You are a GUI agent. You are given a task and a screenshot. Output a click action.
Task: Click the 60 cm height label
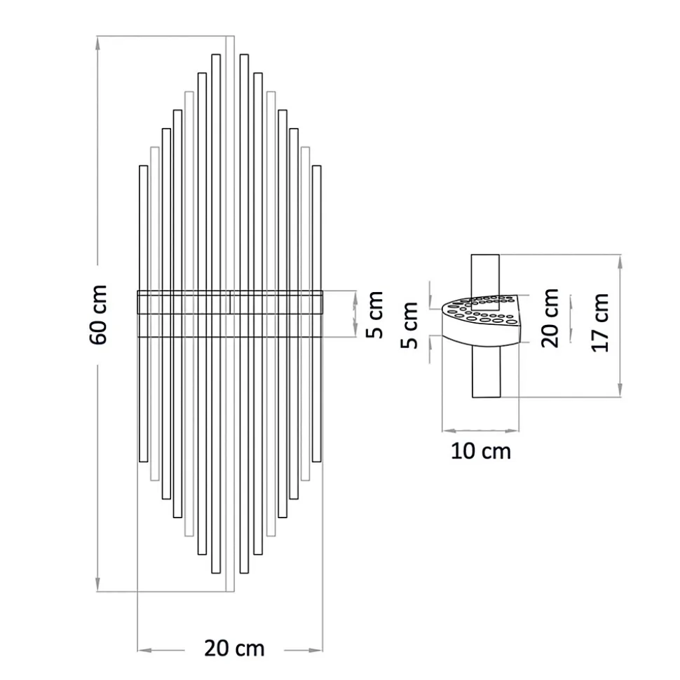pos(99,314)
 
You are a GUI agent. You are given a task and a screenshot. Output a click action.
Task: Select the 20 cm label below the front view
pos(234,648)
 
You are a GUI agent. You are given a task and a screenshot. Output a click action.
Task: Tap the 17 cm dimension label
pos(600,323)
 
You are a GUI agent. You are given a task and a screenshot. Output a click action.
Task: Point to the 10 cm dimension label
pos(481,451)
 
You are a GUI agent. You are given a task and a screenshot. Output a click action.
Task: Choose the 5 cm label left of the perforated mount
pos(412,325)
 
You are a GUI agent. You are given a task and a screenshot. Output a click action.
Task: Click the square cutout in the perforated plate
pos(485,303)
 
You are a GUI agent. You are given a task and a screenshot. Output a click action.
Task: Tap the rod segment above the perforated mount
pos(485,273)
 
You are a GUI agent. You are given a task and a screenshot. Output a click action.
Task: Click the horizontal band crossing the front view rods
pos(230,303)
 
